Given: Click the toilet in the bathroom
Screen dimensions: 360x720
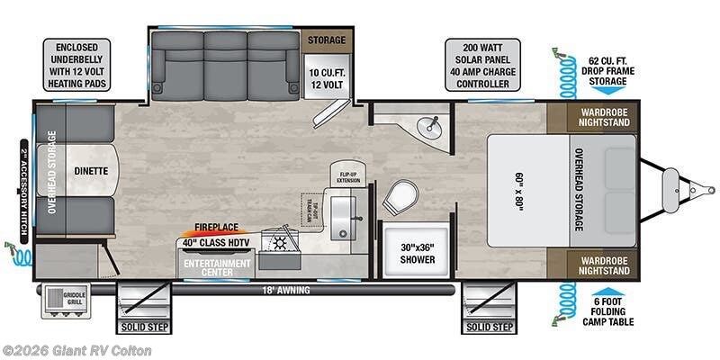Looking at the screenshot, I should click(x=401, y=196).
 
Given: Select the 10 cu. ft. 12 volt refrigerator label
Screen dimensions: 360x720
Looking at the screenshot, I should click(x=326, y=76).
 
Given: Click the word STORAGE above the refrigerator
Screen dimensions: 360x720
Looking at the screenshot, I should click(x=326, y=40).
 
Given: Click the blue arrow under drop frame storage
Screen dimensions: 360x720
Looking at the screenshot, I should click(x=608, y=89).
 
